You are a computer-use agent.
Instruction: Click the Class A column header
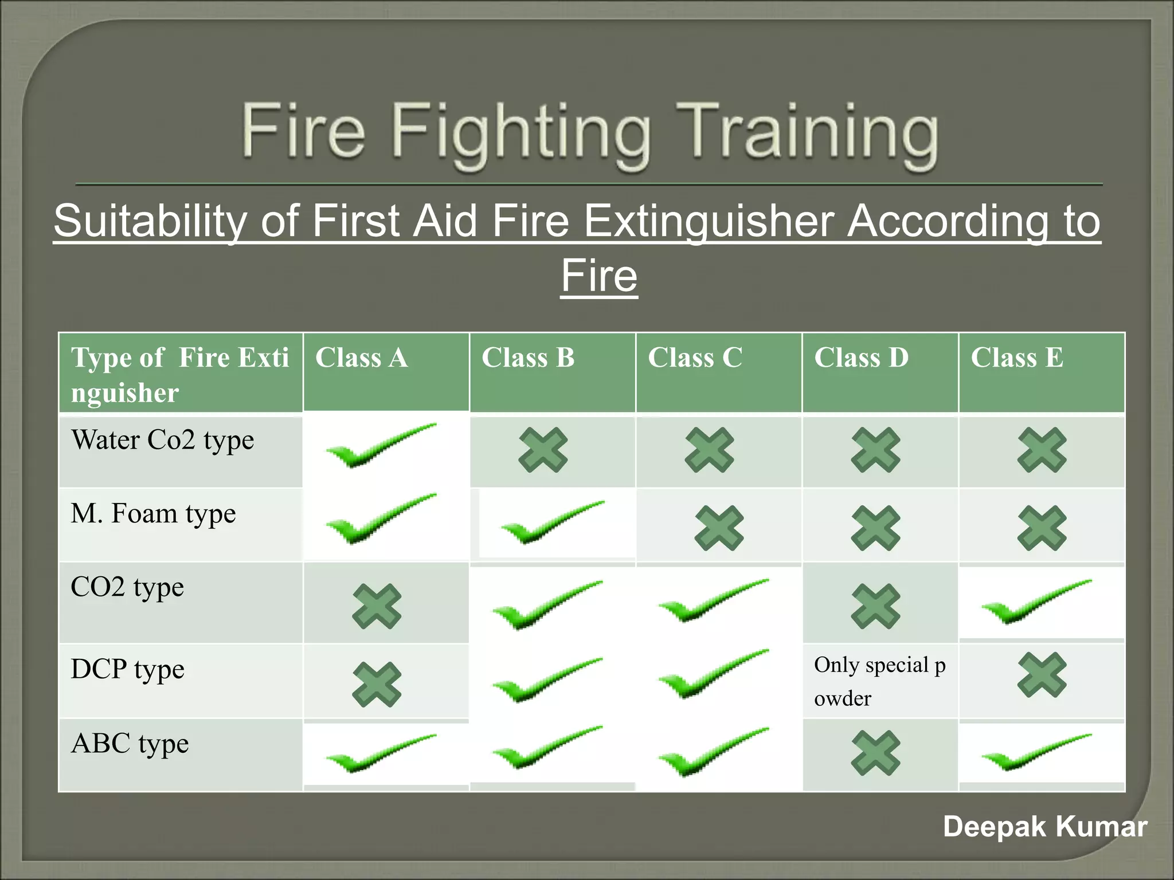361,358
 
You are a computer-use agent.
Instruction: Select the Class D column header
861,358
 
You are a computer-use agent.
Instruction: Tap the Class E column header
1016,358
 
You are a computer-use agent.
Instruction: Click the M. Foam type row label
153,514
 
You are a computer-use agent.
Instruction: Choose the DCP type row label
127,670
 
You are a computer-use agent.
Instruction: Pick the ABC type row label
130,744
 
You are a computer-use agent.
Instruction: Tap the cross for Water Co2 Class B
543,450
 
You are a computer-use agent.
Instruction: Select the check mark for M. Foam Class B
552,521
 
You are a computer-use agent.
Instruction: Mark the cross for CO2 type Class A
377,606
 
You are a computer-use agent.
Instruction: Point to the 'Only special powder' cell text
879,681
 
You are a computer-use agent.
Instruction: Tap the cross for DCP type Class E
1042,675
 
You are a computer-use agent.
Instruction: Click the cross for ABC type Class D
875,753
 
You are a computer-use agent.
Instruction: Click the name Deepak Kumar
1044,827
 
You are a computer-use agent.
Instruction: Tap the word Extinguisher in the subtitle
708,221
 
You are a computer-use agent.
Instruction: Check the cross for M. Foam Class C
719,528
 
